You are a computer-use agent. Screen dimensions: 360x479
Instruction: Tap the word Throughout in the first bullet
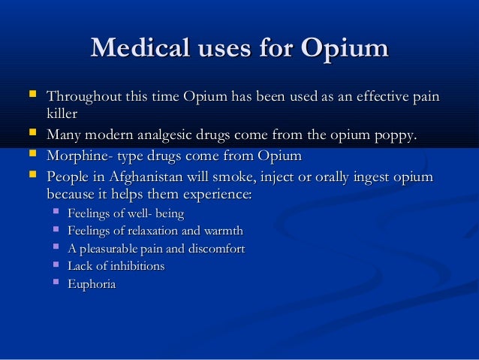pyautogui.click(x=81, y=98)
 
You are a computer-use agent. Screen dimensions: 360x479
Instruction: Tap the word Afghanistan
pyautogui.click(x=152, y=177)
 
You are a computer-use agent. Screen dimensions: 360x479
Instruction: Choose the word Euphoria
pyautogui.click(x=92, y=285)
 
